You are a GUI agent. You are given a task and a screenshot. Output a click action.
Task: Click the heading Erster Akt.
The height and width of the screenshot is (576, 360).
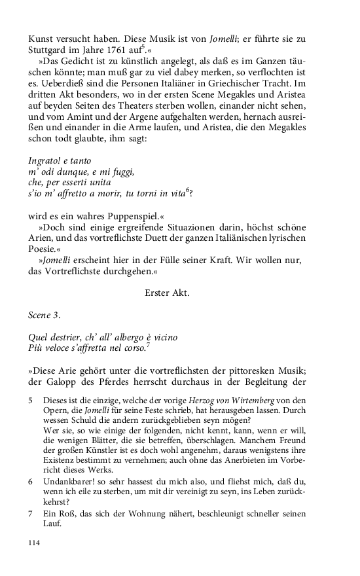166,293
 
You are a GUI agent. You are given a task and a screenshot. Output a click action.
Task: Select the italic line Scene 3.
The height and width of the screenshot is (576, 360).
45,315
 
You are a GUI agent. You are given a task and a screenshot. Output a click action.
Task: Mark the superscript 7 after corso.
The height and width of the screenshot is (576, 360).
149,346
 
